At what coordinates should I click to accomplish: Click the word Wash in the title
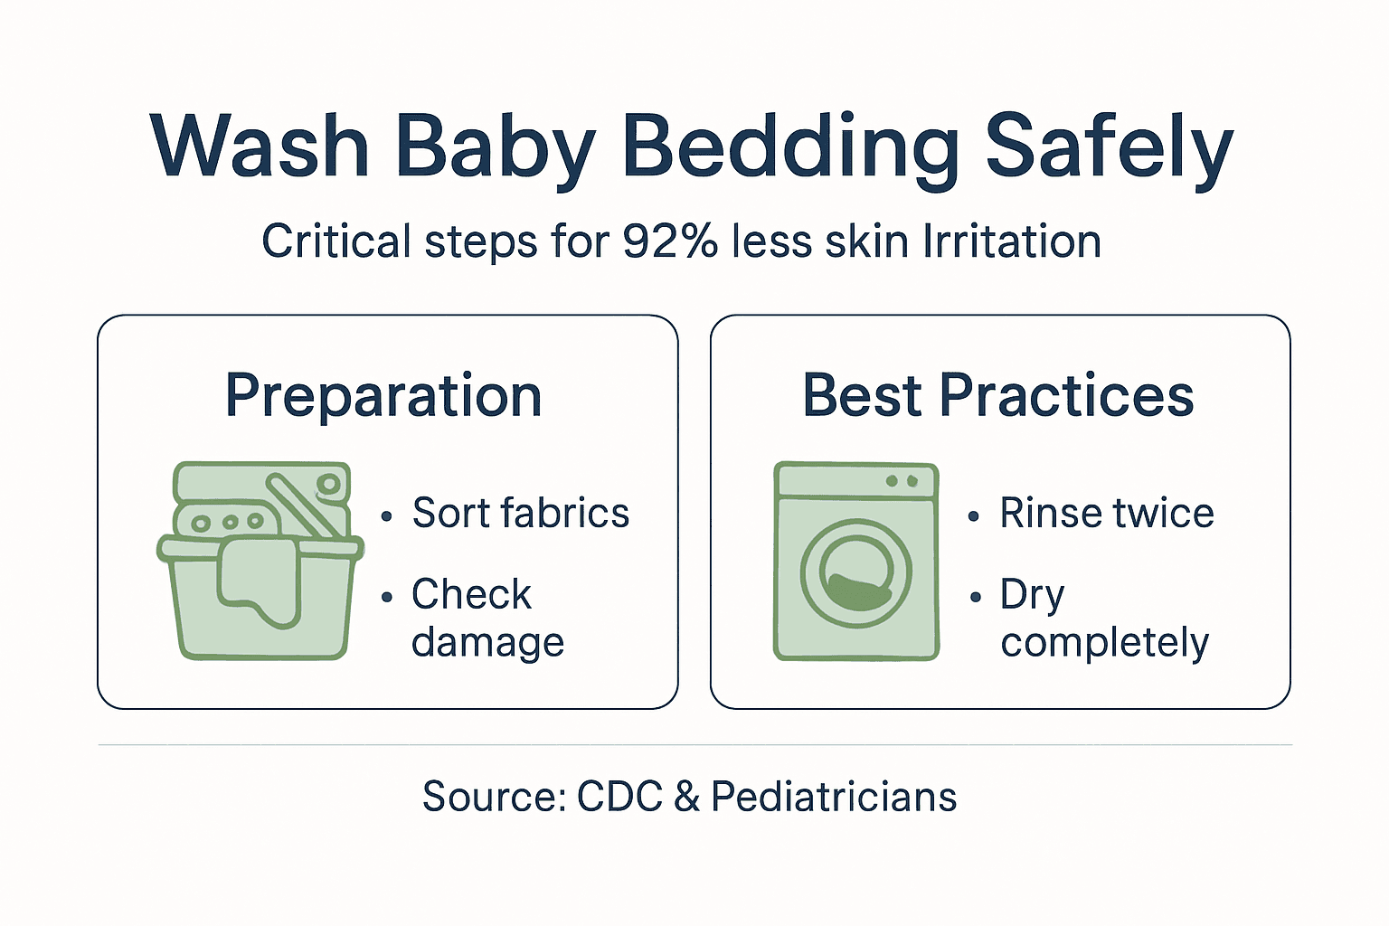coord(260,146)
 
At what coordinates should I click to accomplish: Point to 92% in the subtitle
coord(670,241)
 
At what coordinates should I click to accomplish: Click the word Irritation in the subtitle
coord(1012,241)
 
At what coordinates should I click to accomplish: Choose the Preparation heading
coord(383,396)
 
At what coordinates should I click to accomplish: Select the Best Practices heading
coord(998,396)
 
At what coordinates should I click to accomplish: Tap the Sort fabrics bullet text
coord(520,514)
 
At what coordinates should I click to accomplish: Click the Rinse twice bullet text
coord(1106,514)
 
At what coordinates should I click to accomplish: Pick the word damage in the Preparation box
coord(487,642)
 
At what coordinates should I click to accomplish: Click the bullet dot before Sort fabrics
coord(387,516)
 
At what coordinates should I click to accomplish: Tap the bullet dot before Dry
coord(975,598)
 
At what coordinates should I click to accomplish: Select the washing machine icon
coord(855,561)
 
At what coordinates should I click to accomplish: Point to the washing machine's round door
coord(855,574)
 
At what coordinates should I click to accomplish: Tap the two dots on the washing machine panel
coord(901,481)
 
